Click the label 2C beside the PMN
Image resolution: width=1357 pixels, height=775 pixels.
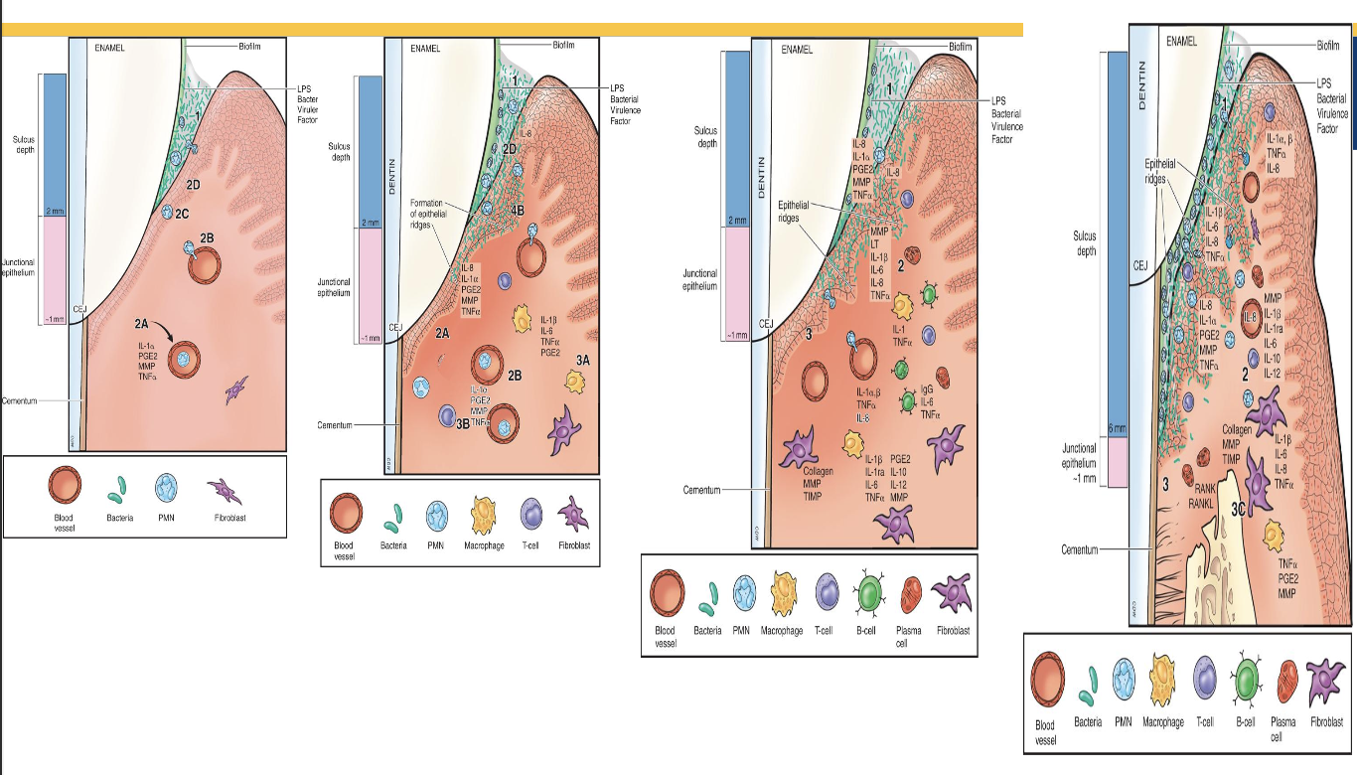tap(182, 213)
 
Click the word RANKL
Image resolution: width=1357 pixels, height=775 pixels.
tap(1203, 503)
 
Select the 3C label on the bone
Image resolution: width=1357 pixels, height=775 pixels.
tap(1240, 510)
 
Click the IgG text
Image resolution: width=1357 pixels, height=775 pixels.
tap(927, 389)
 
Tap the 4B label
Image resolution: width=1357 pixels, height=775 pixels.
tap(517, 210)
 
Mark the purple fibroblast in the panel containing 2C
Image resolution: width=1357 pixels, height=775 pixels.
tap(238, 389)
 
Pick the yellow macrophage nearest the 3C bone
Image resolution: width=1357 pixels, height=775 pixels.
tap(1273, 537)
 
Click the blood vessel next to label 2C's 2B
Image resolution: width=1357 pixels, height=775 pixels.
tap(205, 263)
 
